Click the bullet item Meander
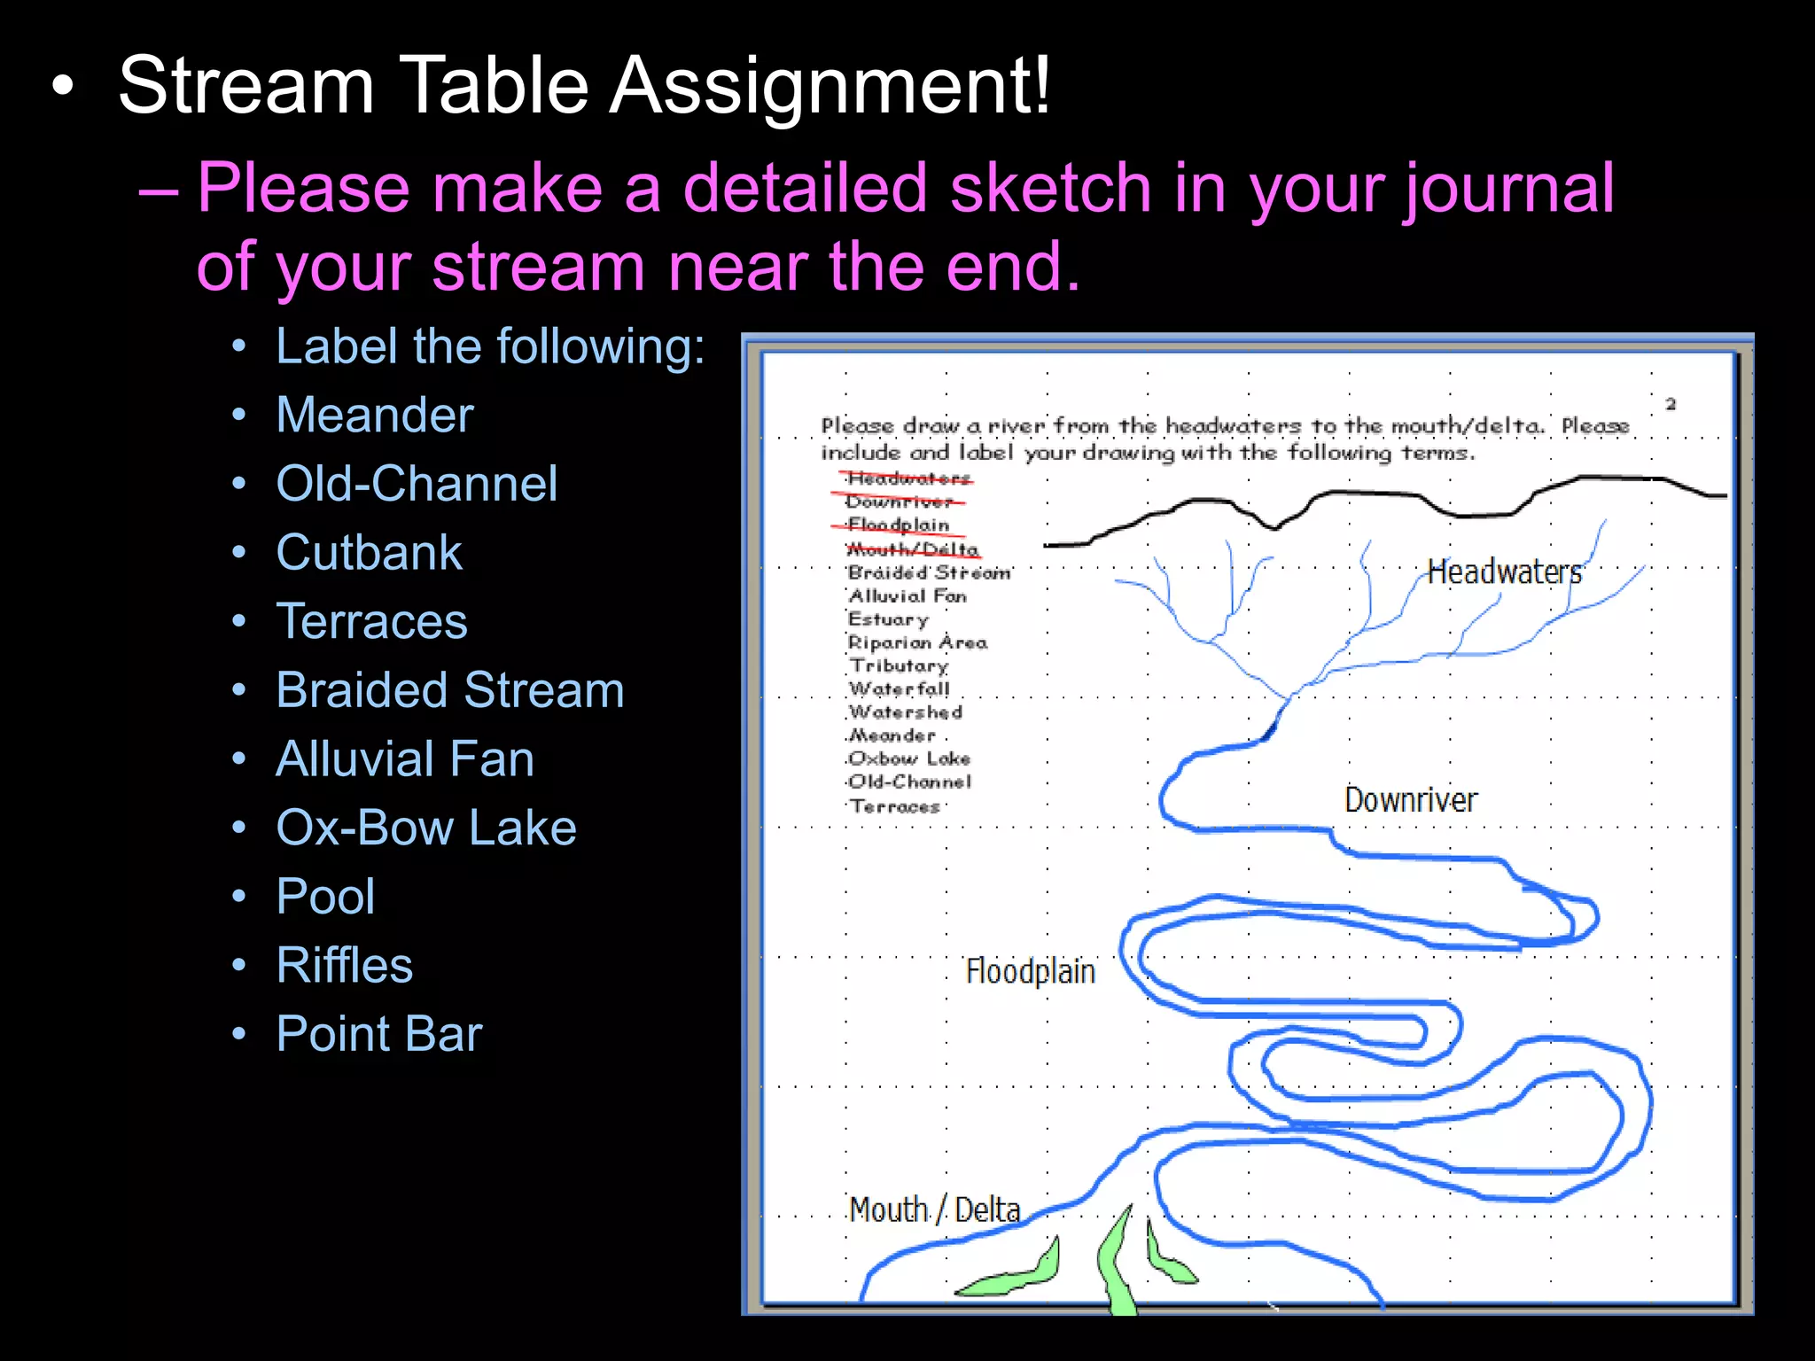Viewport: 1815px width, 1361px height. (375, 415)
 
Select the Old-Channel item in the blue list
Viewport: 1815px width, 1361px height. (417, 484)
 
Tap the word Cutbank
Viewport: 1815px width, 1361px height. (369, 553)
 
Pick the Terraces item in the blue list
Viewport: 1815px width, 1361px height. (371, 621)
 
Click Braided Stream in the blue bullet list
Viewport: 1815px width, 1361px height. (449, 690)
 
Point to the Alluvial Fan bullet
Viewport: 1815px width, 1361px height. (405, 759)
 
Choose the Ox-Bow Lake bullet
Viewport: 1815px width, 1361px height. (425, 828)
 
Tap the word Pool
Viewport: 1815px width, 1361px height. (325, 896)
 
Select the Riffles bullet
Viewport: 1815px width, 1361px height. (344, 965)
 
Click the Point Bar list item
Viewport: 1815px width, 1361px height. (378, 1033)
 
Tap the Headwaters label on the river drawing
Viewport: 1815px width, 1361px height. (1504, 572)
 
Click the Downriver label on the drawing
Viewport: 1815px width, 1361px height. (1410, 800)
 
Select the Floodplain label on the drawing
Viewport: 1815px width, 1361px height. (1030, 971)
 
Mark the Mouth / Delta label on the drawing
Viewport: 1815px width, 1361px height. (935, 1209)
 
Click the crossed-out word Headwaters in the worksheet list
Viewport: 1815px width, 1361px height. (908, 478)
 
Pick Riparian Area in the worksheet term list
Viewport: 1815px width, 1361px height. (917, 642)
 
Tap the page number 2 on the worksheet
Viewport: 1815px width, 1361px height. (1671, 404)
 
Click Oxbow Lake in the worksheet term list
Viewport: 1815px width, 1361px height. (909, 758)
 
